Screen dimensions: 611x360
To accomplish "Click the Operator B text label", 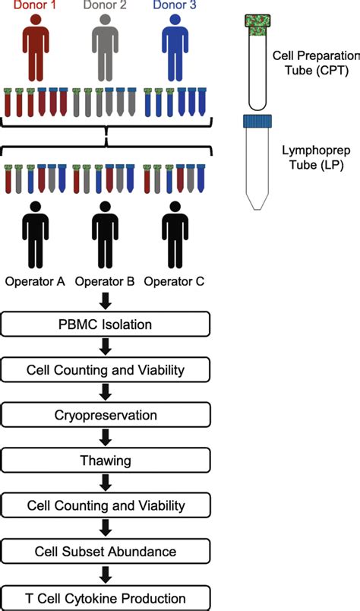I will tap(106, 280).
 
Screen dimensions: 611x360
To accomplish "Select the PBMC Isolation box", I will tap(106, 325).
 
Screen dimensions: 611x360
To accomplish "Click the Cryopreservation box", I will tap(106, 415).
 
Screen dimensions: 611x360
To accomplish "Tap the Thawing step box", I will tap(106, 460).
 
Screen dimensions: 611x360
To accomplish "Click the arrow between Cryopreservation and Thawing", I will tap(106, 438).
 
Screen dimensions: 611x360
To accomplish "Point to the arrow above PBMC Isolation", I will tap(106, 302).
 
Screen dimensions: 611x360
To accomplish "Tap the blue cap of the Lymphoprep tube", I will tap(263, 122).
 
